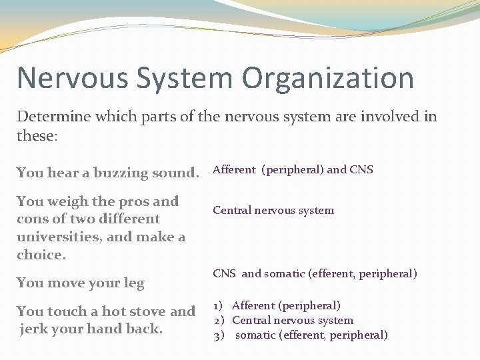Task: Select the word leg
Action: click(x=133, y=283)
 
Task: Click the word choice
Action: click(x=41, y=255)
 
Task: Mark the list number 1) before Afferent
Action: click(x=218, y=306)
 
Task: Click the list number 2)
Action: click(x=218, y=321)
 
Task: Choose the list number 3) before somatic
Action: click(x=218, y=335)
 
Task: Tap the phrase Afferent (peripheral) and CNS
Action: click(x=293, y=169)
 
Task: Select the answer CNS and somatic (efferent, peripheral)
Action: click(x=315, y=274)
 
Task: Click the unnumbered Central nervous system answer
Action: click(x=273, y=211)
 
